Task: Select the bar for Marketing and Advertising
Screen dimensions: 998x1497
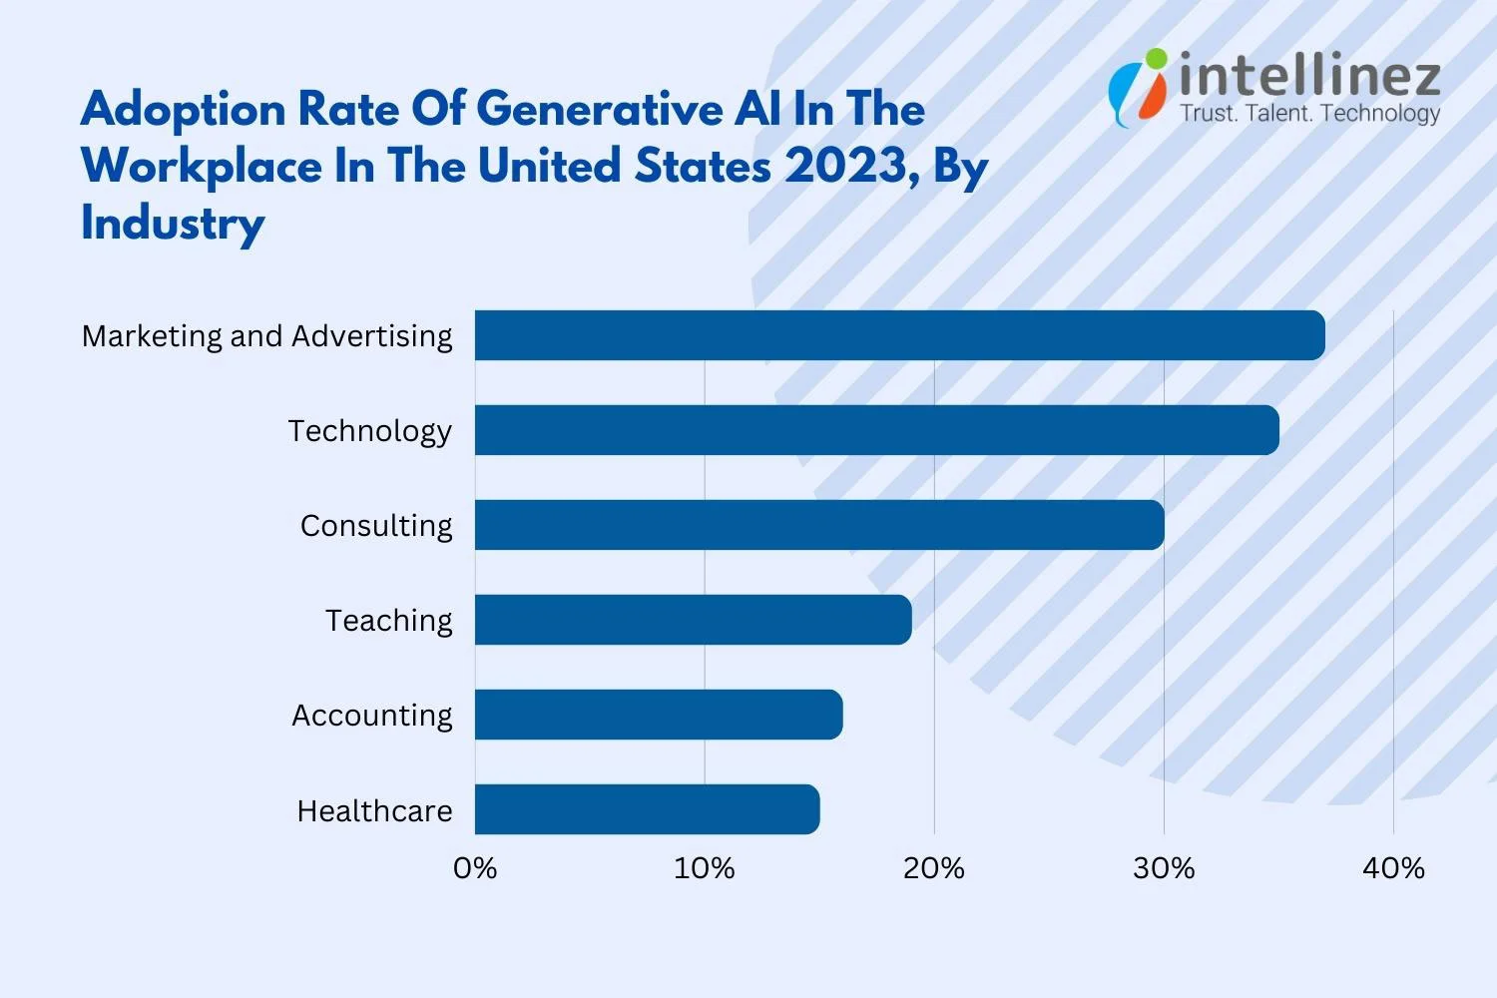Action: click(x=899, y=335)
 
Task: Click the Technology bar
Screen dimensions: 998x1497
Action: click(x=876, y=430)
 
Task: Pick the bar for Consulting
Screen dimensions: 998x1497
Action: click(x=818, y=525)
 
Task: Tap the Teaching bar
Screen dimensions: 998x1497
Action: click(x=693, y=620)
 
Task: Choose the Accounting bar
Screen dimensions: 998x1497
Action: click(x=659, y=715)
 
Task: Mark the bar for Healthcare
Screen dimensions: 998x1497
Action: click(x=647, y=809)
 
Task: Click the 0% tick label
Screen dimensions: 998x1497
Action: click(x=475, y=868)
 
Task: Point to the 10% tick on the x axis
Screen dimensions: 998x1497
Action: click(x=705, y=868)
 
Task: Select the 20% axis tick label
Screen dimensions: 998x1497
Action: click(x=934, y=868)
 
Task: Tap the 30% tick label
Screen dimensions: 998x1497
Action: click(x=1164, y=868)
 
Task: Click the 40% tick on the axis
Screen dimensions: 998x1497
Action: click(x=1393, y=868)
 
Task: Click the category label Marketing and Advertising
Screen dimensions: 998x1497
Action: click(x=266, y=336)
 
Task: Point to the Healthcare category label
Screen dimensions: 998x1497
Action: click(x=374, y=810)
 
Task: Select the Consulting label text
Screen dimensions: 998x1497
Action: click(x=376, y=526)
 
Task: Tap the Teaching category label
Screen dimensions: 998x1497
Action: click(x=388, y=621)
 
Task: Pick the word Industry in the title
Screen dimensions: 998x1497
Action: click(x=173, y=223)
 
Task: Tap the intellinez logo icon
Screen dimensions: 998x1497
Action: click(x=1138, y=87)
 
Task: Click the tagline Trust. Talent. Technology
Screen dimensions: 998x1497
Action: click(x=1309, y=114)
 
